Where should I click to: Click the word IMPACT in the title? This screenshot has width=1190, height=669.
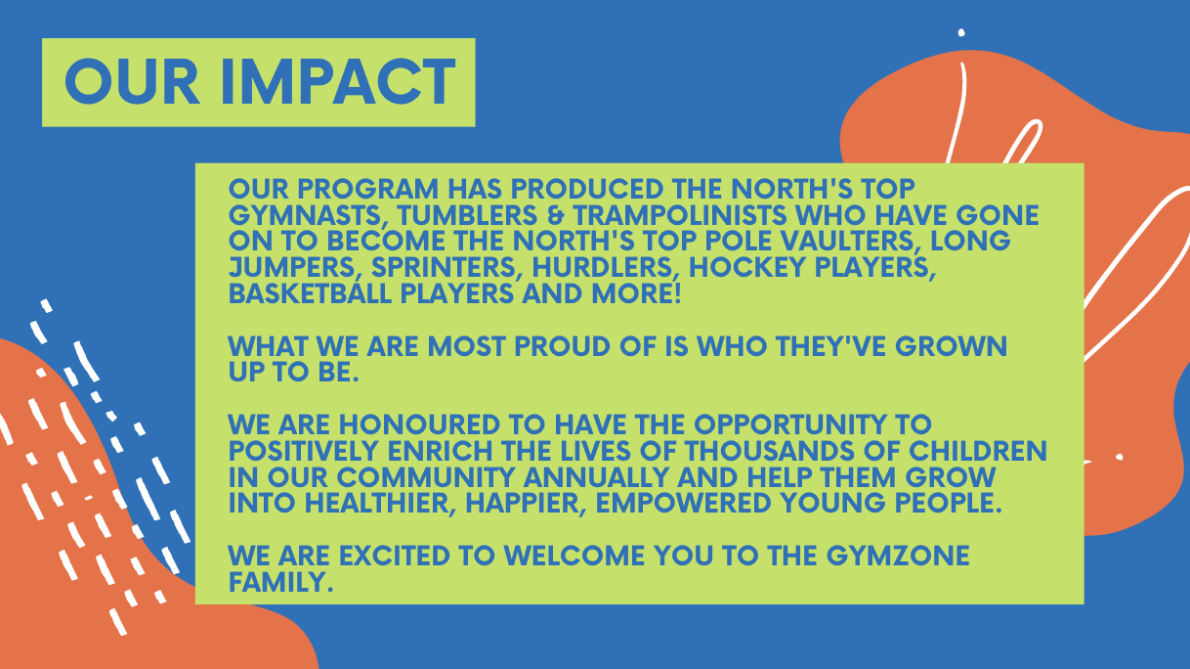click(x=338, y=82)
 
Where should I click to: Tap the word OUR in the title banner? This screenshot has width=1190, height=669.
click(x=132, y=82)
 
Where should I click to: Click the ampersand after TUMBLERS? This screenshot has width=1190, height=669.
click(x=555, y=215)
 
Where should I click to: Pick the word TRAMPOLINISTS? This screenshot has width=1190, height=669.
click(x=679, y=215)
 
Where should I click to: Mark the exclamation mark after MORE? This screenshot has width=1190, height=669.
click(x=677, y=293)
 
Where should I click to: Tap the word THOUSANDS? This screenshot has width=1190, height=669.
click(x=770, y=451)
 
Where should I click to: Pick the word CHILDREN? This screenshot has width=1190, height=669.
click(x=978, y=451)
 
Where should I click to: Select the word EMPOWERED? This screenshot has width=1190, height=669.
click(x=683, y=503)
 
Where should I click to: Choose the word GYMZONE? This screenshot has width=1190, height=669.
click(x=898, y=556)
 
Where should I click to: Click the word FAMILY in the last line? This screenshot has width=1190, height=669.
click(x=281, y=582)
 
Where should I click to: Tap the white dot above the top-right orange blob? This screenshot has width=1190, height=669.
click(x=961, y=33)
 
